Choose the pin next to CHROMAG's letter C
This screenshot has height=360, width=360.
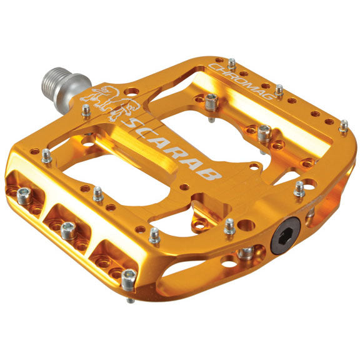(x=231, y=64)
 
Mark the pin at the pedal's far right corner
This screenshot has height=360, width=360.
(x=343, y=126)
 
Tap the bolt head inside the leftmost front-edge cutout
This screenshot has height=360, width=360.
(x=25, y=196)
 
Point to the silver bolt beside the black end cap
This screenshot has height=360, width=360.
(x=246, y=252)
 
